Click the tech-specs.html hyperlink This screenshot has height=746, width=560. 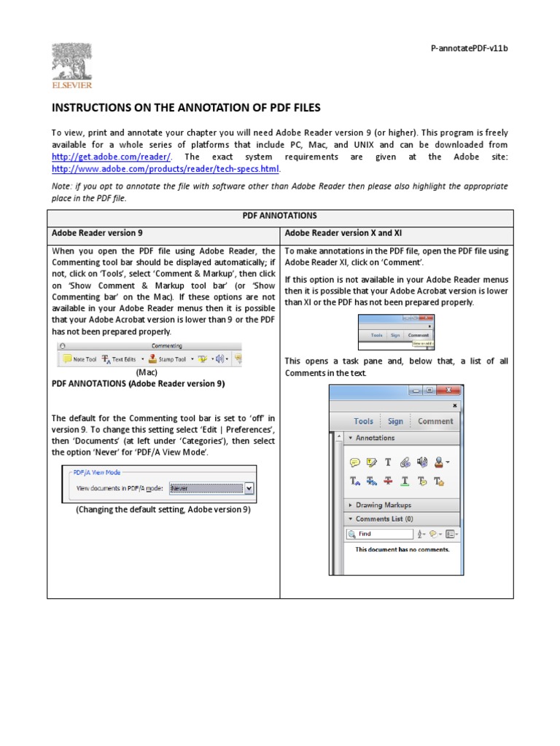(x=165, y=169)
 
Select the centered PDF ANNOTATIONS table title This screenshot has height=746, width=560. (x=280, y=217)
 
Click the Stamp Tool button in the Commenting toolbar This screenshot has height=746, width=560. (x=167, y=359)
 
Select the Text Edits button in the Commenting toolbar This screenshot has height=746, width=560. (x=118, y=359)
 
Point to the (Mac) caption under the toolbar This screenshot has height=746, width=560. (x=147, y=372)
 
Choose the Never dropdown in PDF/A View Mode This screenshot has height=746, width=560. (x=211, y=489)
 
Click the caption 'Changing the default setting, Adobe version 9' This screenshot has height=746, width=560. (x=163, y=509)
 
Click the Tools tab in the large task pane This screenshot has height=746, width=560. (x=363, y=421)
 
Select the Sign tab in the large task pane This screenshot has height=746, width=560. (x=395, y=421)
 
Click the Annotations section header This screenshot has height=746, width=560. (x=375, y=438)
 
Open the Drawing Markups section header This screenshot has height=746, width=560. (x=383, y=505)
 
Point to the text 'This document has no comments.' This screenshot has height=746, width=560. (x=402, y=549)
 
